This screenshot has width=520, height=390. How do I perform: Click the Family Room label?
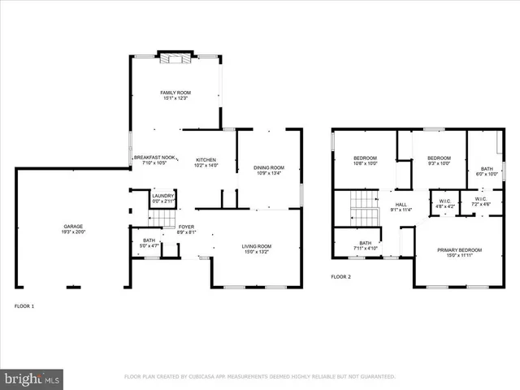(x=175, y=93)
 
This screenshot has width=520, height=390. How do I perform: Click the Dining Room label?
(x=269, y=167)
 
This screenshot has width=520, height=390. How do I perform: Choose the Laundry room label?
(x=162, y=195)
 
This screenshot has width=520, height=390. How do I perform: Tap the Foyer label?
(x=187, y=229)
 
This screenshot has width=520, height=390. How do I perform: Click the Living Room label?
(x=257, y=246)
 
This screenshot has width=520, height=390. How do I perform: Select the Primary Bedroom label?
(x=460, y=249)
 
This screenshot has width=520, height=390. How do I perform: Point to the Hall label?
(x=401, y=205)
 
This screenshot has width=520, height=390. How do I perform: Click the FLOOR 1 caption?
(x=24, y=306)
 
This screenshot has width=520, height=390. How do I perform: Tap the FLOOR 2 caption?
(x=340, y=277)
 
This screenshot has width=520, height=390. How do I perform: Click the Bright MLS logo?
(x=32, y=378)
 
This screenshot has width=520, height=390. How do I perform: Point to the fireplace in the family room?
(x=175, y=57)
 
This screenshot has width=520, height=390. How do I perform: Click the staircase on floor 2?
(x=363, y=209)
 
